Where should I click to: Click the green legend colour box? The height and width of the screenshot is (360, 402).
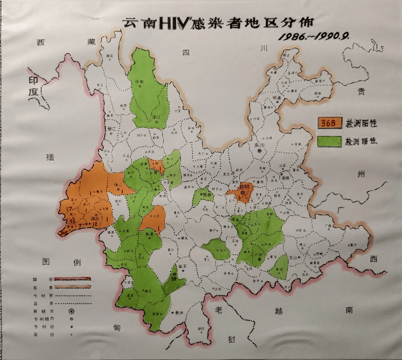[x=329, y=141]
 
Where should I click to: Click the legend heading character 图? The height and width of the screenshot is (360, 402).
[x=47, y=262]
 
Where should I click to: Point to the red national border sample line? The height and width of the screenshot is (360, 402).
[x=72, y=280]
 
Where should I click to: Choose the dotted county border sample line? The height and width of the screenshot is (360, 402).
[x=72, y=303]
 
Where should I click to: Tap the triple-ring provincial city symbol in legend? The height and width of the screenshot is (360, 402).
[x=72, y=311]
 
